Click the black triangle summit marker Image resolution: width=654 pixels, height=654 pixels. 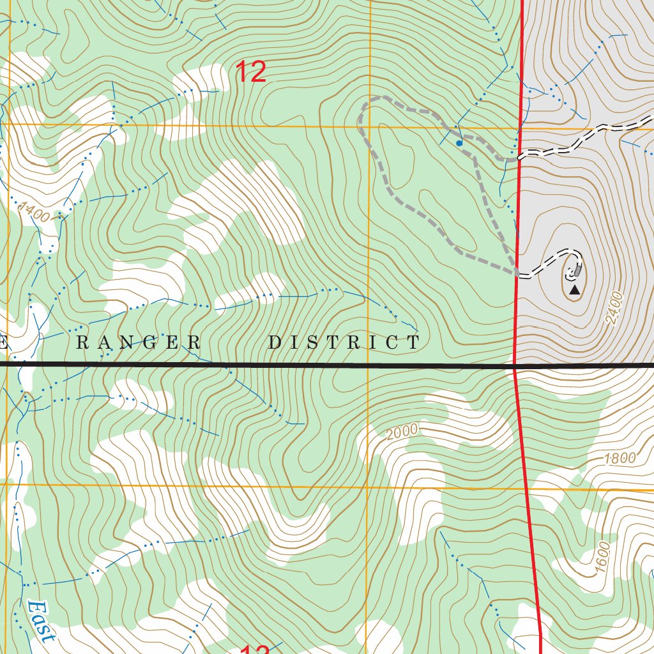point(574,290)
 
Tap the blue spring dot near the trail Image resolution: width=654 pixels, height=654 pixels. point(459,144)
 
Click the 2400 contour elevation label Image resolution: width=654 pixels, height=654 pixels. point(614,308)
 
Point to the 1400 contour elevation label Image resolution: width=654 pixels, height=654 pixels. point(33,211)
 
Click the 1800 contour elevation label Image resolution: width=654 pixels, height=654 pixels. point(620,458)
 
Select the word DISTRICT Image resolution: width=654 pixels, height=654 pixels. point(344,343)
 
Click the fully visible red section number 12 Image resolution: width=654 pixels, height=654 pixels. point(251,72)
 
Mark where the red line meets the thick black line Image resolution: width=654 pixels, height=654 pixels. point(515,366)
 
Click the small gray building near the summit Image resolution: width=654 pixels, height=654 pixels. point(578,271)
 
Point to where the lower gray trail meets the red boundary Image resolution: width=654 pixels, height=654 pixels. point(517,274)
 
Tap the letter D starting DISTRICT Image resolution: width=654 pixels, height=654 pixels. point(274,343)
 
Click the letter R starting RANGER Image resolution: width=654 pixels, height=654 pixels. point(82,343)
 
